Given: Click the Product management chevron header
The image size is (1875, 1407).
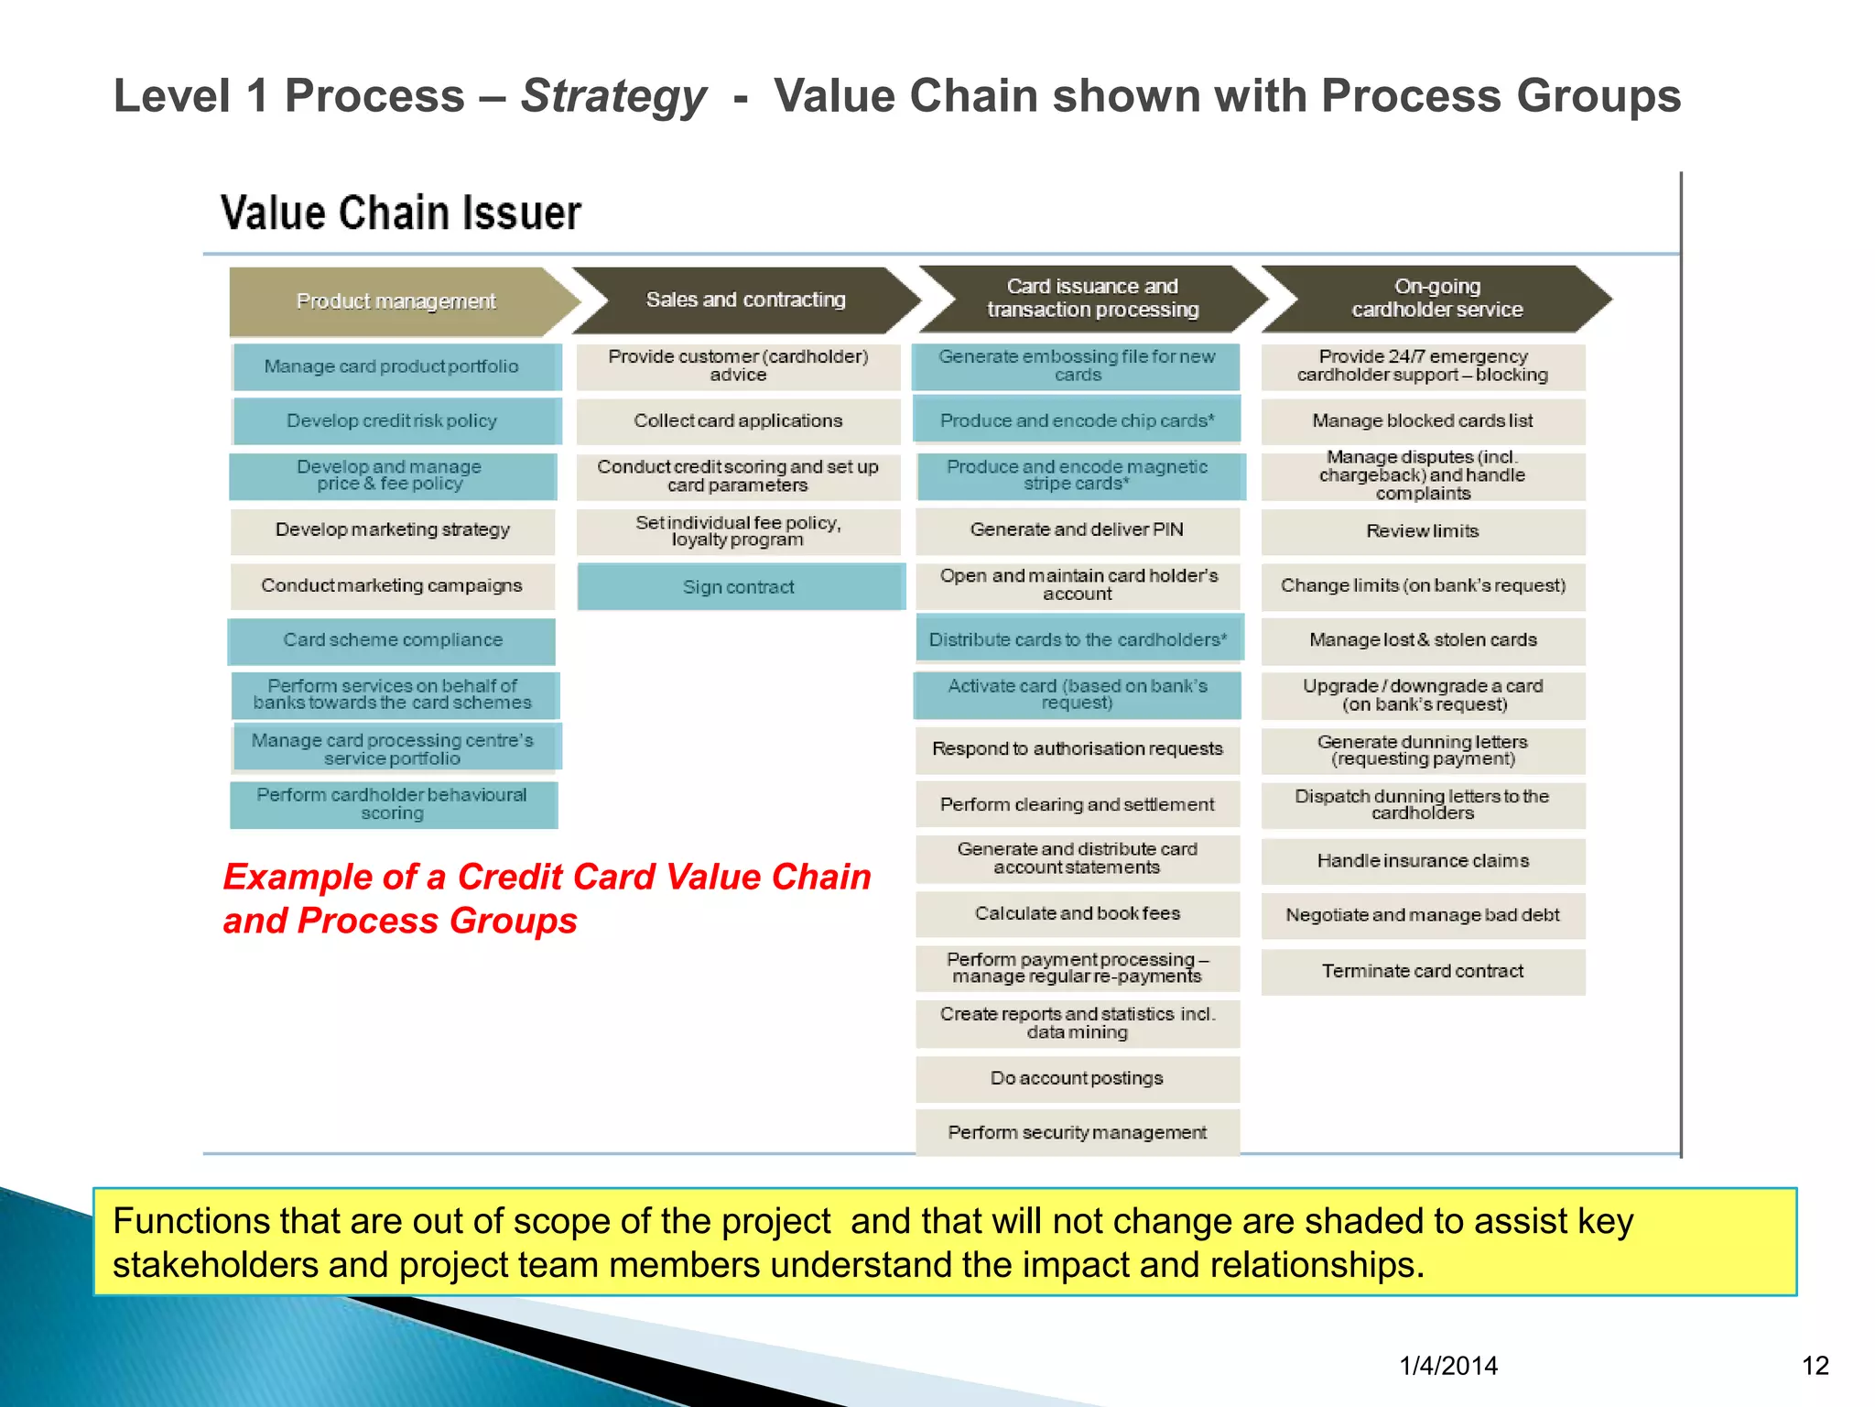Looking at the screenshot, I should tap(396, 301).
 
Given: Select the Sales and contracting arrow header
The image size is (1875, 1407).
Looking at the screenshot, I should tap(745, 300).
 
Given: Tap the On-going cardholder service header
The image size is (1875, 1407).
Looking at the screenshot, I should tap(1436, 299).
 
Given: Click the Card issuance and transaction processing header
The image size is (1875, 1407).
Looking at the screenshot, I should tap(1092, 299).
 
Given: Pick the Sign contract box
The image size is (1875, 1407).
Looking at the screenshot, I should tap(739, 587).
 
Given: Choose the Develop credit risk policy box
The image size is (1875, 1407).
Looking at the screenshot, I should tap(392, 421).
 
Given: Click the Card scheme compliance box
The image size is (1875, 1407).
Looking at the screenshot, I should tap(392, 640).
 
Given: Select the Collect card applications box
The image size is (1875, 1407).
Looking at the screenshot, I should tap(738, 421).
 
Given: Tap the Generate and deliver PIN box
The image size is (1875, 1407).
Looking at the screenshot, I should tap(1077, 530).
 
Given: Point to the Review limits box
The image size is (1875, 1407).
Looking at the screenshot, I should tap(1423, 531).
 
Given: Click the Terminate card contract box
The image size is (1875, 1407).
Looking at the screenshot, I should tap(1423, 971).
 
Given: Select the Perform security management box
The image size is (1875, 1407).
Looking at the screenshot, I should tap(1077, 1133).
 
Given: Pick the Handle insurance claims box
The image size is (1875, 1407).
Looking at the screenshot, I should tap(1423, 861).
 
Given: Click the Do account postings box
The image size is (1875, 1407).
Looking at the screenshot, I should tap(1077, 1079).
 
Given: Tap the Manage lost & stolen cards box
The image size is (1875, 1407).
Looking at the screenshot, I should tap(1423, 640).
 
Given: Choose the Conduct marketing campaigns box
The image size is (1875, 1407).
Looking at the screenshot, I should tap(392, 586).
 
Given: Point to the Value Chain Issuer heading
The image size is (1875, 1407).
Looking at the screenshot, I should tap(401, 213).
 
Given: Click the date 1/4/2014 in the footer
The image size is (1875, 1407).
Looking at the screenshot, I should tap(1448, 1366).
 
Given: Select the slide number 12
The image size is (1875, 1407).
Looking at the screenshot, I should tap(1815, 1366).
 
